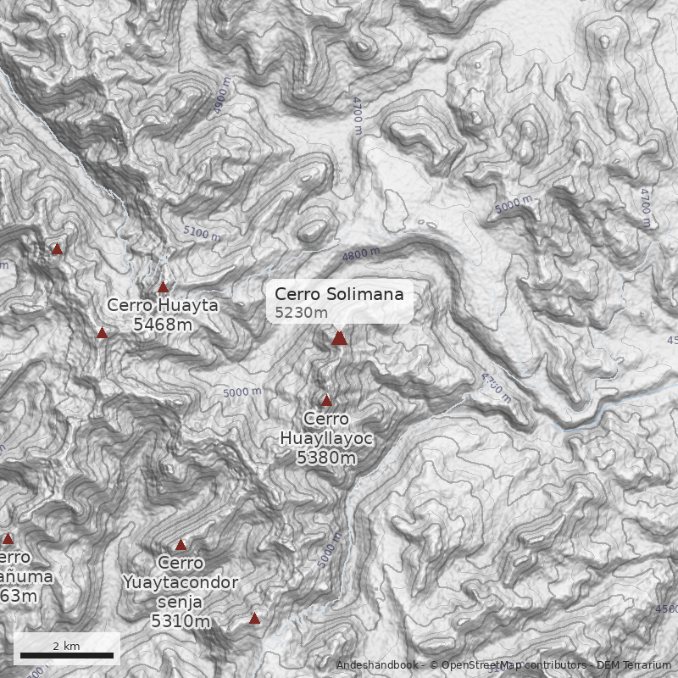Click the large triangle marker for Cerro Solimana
coord(340,337)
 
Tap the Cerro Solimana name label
coord(339,294)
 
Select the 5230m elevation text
coord(301,313)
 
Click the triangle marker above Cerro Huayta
coord(164,287)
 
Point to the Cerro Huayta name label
coord(163,305)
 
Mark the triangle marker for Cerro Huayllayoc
coord(326,400)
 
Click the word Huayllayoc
coord(326,438)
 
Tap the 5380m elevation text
coord(326,458)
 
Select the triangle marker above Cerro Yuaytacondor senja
coord(181,545)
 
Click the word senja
coord(181,602)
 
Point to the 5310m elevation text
coord(181,621)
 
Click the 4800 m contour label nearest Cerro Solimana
coord(361,254)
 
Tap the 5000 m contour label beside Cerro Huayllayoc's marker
coord(242,392)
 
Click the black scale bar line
coord(67,655)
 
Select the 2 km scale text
coord(66,646)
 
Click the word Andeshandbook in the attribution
coord(376,665)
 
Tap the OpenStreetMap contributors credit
coord(514,665)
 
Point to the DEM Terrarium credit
coord(634,665)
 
